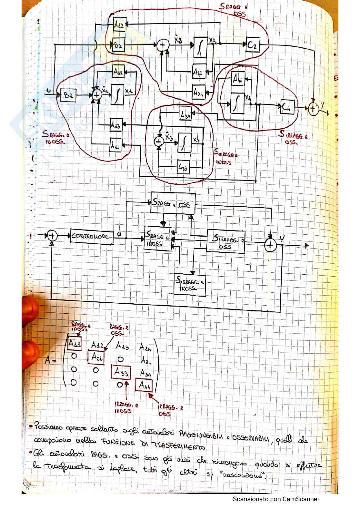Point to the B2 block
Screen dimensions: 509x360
119,45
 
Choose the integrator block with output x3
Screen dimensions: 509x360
185,142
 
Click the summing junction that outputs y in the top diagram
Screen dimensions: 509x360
312,109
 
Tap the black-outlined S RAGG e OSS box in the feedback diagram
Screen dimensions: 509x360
173,203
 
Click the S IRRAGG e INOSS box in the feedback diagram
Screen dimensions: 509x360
190,284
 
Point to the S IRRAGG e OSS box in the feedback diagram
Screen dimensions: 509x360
225,241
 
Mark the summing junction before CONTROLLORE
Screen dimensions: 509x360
52,236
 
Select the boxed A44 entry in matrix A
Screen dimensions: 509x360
145,385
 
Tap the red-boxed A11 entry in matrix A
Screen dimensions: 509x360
75,344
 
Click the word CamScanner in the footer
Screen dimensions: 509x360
301,499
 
